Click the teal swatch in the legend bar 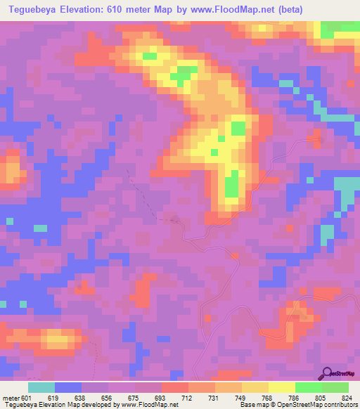(42, 387)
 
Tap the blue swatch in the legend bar (69, 387)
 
